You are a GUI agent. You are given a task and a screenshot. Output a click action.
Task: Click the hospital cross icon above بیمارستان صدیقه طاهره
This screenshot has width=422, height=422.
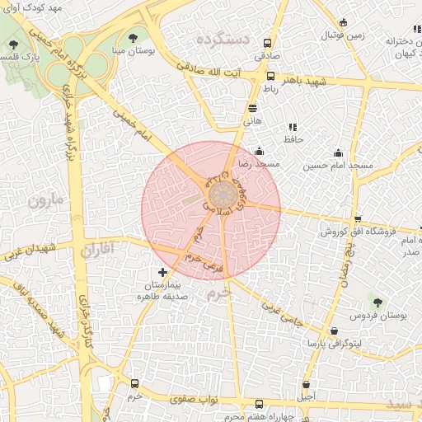click(x=162, y=272)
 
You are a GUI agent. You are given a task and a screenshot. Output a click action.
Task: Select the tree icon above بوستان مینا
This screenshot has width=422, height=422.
click(x=134, y=37)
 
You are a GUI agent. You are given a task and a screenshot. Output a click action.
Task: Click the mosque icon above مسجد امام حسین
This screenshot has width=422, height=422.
click(x=338, y=153)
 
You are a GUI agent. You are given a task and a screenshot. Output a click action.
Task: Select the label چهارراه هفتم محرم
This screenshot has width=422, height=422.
click(x=259, y=417)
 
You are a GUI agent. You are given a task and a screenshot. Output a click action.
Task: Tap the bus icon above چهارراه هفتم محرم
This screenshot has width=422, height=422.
click(x=260, y=404)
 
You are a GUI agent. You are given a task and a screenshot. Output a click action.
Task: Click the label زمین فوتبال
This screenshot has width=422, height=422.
click(x=343, y=35)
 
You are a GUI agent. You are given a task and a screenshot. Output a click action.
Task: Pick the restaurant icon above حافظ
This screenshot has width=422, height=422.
click(x=292, y=127)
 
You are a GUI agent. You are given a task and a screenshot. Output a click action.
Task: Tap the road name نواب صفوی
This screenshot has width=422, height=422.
click(x=195, y=399)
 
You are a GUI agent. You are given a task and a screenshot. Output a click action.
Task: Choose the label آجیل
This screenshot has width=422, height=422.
click(x=307, y=396)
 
